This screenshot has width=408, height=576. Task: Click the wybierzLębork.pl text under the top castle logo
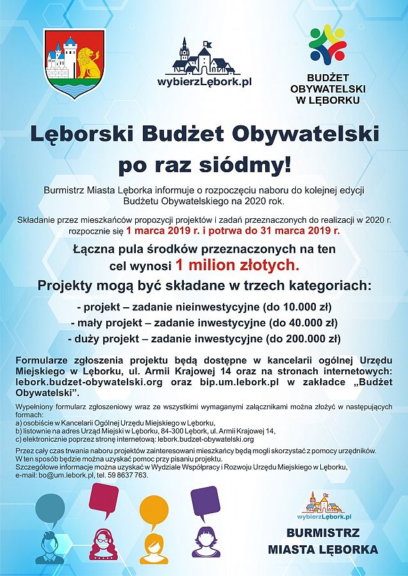tap(204, 81)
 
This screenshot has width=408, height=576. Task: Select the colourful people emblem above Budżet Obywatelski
tap(327, 43)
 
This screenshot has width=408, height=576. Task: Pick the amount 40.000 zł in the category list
tap(303, 323)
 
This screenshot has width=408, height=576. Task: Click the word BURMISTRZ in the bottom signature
tap(323, 533)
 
